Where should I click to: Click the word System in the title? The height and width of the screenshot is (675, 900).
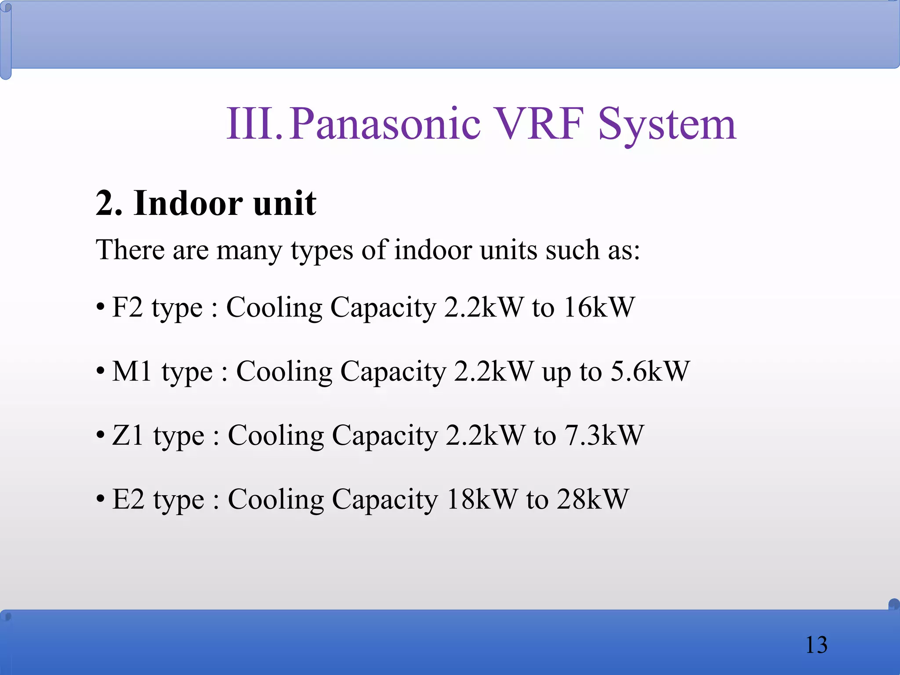(667, 125)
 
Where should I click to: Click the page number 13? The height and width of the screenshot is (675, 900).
(816, 645)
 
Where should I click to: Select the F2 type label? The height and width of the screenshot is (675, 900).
(157, 307)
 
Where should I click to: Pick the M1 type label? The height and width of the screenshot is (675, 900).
(162, 371)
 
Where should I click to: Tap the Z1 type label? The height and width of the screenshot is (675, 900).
(158, 435)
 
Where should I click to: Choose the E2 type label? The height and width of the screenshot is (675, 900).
(158, 500)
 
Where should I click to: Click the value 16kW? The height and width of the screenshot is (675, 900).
(599, 307)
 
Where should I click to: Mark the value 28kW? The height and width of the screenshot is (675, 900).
(593, 500)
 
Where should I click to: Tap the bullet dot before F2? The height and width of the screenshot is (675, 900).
(101, 306)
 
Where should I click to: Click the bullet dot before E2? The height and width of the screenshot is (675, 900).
(101, 499)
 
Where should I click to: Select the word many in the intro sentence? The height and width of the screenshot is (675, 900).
(249, 250)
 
